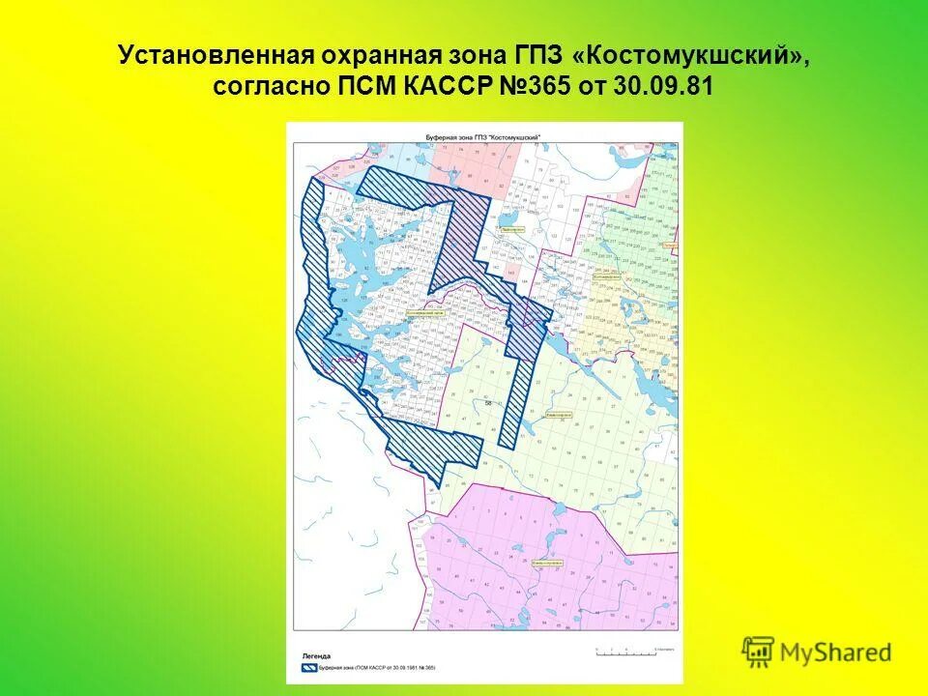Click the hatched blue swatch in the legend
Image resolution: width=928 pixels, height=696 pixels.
[x=311, y=667]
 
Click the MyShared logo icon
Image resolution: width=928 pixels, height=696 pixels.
[x=758, y=652]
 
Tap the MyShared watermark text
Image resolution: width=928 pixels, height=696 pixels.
[x=835, y=653]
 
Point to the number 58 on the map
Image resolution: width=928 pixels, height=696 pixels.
[x=489, y=401]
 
